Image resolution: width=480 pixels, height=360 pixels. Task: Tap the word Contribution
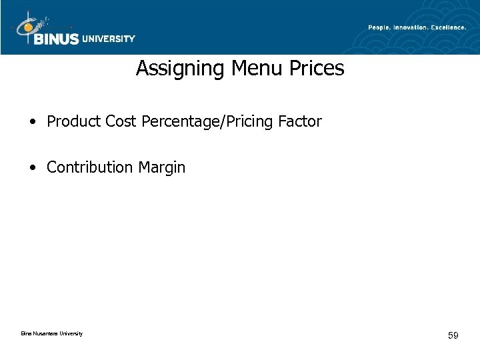point(90,167)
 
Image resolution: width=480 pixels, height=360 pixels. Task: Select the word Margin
point(162,168)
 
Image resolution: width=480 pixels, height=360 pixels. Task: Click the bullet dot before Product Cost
point(33,123)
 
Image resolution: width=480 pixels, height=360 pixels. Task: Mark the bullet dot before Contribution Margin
point(33,168)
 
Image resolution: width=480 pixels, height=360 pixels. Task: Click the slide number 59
point(453,335)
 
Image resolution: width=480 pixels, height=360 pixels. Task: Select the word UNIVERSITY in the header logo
point(108,39)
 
